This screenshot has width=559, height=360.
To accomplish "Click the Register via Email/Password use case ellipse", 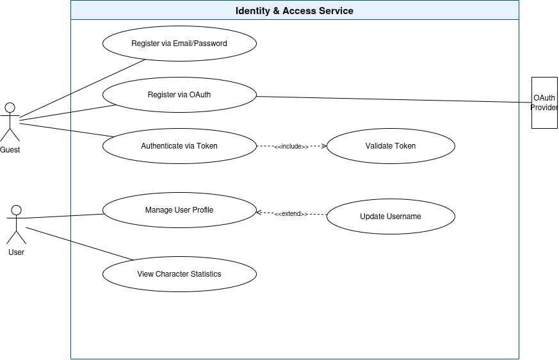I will tap(179, 44).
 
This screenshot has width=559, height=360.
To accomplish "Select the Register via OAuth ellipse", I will tap(179, 95).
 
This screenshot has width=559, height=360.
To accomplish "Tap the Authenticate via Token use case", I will tap(179, 146).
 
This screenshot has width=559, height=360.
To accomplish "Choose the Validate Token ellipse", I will tap(391, 146).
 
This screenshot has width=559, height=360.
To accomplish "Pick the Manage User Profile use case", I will tap(179, 210).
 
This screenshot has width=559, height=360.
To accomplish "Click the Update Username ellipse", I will tap(391, 217).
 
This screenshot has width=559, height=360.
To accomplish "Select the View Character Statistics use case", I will tap(179, 274).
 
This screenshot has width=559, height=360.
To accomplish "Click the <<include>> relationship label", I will tap(292, 147).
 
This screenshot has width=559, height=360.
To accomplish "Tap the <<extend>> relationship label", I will tap(291, 214).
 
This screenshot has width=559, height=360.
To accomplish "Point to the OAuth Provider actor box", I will tap(544, 102).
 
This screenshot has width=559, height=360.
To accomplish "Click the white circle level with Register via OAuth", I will tap(10, 108).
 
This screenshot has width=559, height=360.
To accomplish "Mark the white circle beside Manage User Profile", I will tap(16, 210).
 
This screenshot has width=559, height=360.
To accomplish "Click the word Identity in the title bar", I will tap(254, 11).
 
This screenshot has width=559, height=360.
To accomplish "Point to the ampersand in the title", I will tap(277, 11).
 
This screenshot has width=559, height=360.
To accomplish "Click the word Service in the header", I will tap(335, 11).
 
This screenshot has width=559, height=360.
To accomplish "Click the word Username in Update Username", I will tap(404, 217).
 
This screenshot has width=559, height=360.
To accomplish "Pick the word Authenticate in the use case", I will tap(162, 146).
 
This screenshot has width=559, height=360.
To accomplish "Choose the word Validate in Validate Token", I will tap(379, 146).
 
